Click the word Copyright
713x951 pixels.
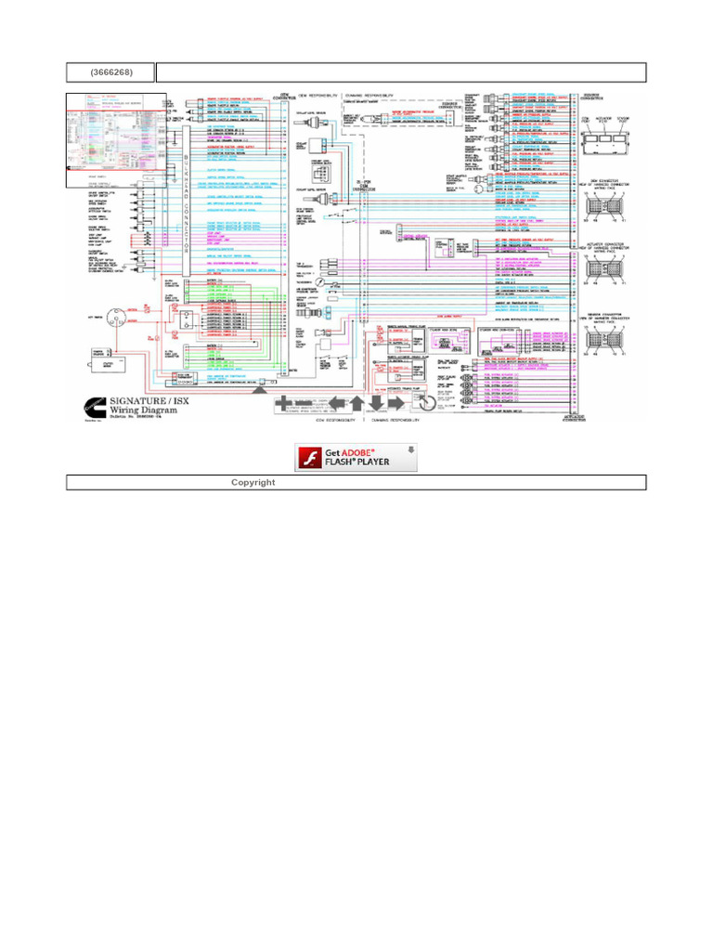click(x=253, y=482)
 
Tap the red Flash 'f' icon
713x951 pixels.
click(x=310, y=457)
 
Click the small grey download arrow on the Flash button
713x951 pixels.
click(x=405, y=450)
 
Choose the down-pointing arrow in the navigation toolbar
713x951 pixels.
click(x=377, y=403)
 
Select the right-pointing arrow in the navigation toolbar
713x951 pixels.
click(x=397, y=403)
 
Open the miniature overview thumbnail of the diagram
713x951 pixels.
click(x=116, y=140)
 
